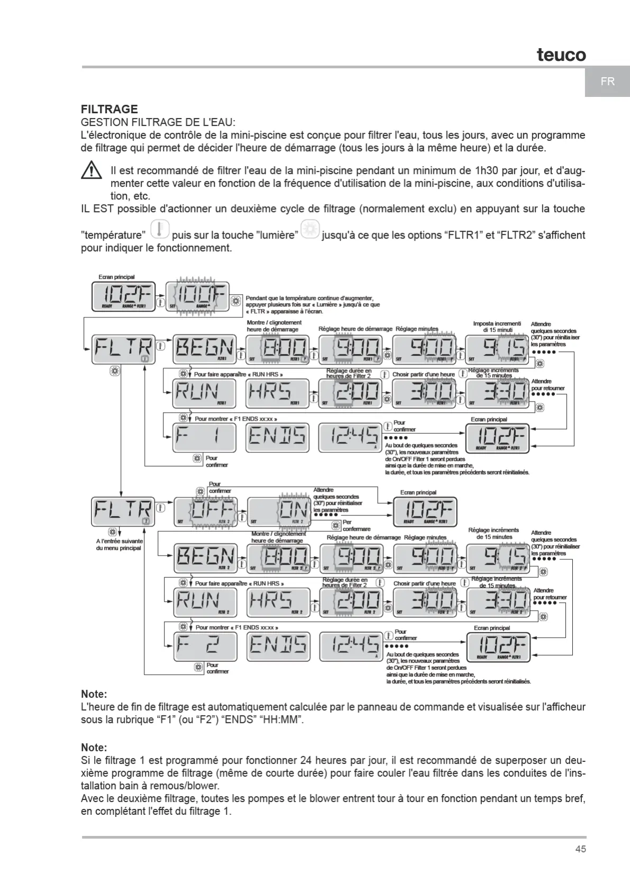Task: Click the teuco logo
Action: [x=561, y=55]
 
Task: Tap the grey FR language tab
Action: [x=607, y=82]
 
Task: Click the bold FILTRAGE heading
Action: [x=109, y=110]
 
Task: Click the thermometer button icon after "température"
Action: [x=159, y=230]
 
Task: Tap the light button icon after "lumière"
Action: [x=310, y=230]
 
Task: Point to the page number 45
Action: [x=580, y=849]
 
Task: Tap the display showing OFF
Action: [x=206, y=512]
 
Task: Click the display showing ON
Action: [x=279, y=512]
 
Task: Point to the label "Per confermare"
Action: [x=355, y=525]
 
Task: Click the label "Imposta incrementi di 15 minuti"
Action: [x=497, y=326]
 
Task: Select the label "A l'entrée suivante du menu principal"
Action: [x=118, y=544]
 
